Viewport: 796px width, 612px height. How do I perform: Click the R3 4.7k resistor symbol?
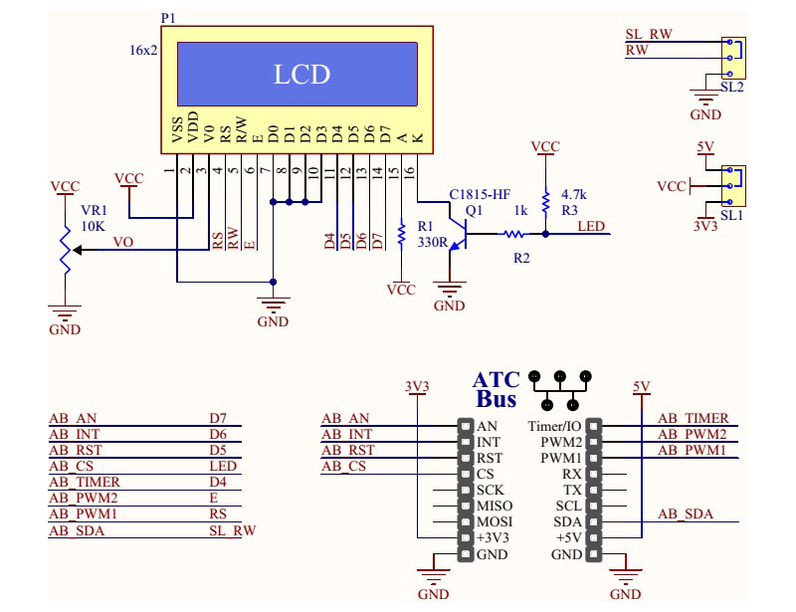545,202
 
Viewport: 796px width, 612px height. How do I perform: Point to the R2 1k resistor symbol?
513,235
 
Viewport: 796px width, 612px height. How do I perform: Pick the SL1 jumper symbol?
733,185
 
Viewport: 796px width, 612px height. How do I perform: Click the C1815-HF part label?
481,194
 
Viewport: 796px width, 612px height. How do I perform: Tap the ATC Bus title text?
497,390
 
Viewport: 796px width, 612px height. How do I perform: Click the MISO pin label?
495,506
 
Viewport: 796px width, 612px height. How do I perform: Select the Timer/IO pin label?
553,426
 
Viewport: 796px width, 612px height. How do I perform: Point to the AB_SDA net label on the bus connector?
686,514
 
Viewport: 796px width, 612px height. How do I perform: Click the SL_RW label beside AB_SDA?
232,530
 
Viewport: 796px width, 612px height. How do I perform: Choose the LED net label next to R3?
591,226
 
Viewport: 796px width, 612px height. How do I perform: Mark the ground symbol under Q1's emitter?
451,293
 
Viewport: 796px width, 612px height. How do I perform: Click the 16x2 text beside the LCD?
143,50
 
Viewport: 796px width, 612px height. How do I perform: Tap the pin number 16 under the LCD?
408,172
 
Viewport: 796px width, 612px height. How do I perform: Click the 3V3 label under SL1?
704,226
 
